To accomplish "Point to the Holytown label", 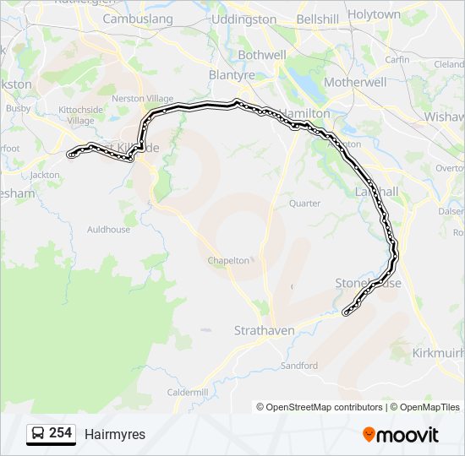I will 374,14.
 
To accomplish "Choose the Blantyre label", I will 232,75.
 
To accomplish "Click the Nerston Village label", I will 143,99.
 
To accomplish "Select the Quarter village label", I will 304,204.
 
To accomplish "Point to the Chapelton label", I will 229,261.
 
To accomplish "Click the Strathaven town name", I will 265,331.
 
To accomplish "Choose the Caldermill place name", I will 188,393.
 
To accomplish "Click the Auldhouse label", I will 109,230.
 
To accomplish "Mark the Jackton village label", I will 45,176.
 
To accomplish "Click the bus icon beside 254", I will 38,433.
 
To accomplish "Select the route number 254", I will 60,433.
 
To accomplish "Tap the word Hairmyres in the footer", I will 115,434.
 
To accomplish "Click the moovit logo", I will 401,434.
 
